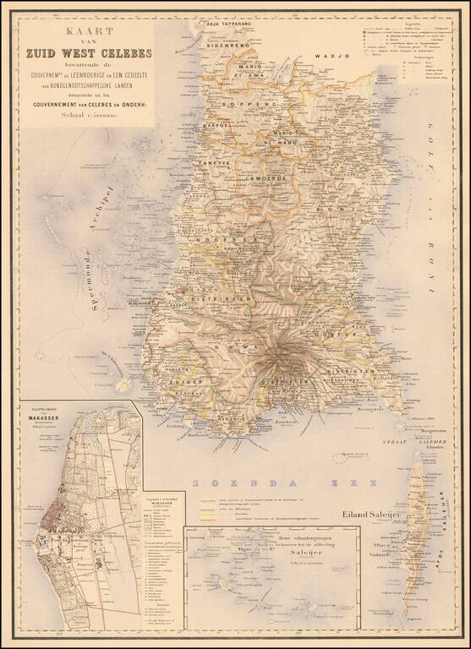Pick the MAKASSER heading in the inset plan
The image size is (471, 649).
pyautogui.click(x=41, y=415)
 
